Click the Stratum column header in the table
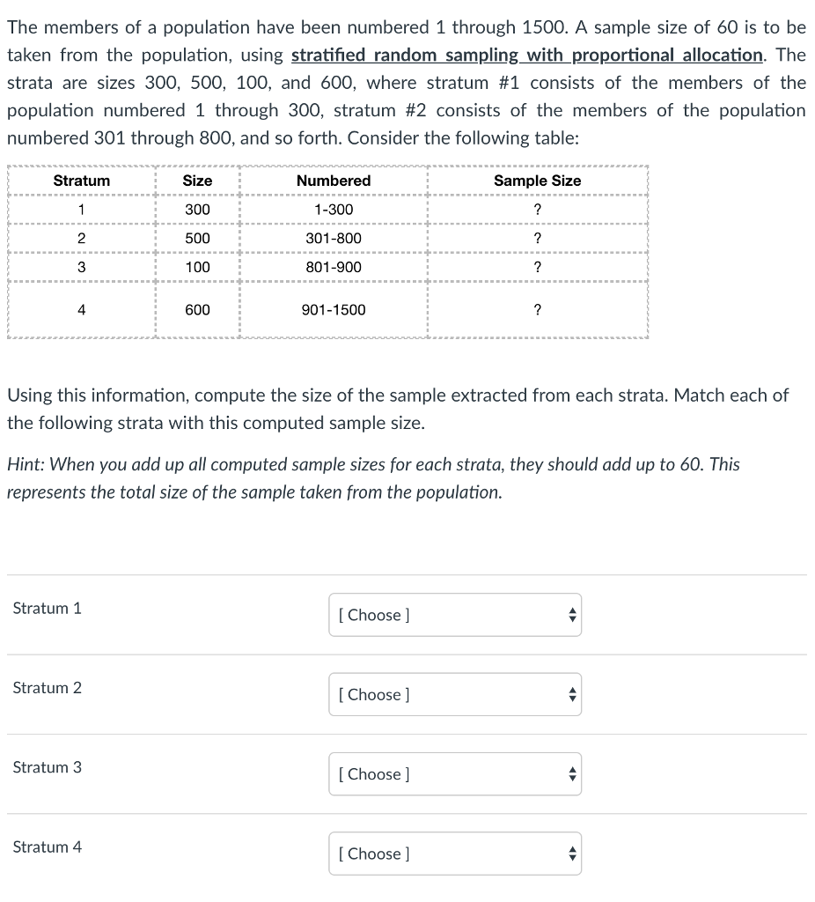point(81,181)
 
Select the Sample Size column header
point(537,181)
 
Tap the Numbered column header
point(334,181)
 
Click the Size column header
point(197,181)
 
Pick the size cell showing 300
point(197,210)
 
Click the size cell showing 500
point(197,239)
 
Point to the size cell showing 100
point(197,267)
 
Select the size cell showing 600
point(197,310)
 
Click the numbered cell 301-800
point(334,239)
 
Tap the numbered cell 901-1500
point(334,310)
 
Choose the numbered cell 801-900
point(334,267)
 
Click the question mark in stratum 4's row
point(537,310)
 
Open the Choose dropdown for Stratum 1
point(455,615)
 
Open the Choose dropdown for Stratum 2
point(455,694)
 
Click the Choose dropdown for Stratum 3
point(455,773)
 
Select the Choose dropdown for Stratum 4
point(455,853)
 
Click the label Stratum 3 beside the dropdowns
point(48,767)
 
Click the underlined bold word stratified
point(330,55)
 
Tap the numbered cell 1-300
point(334,210)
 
